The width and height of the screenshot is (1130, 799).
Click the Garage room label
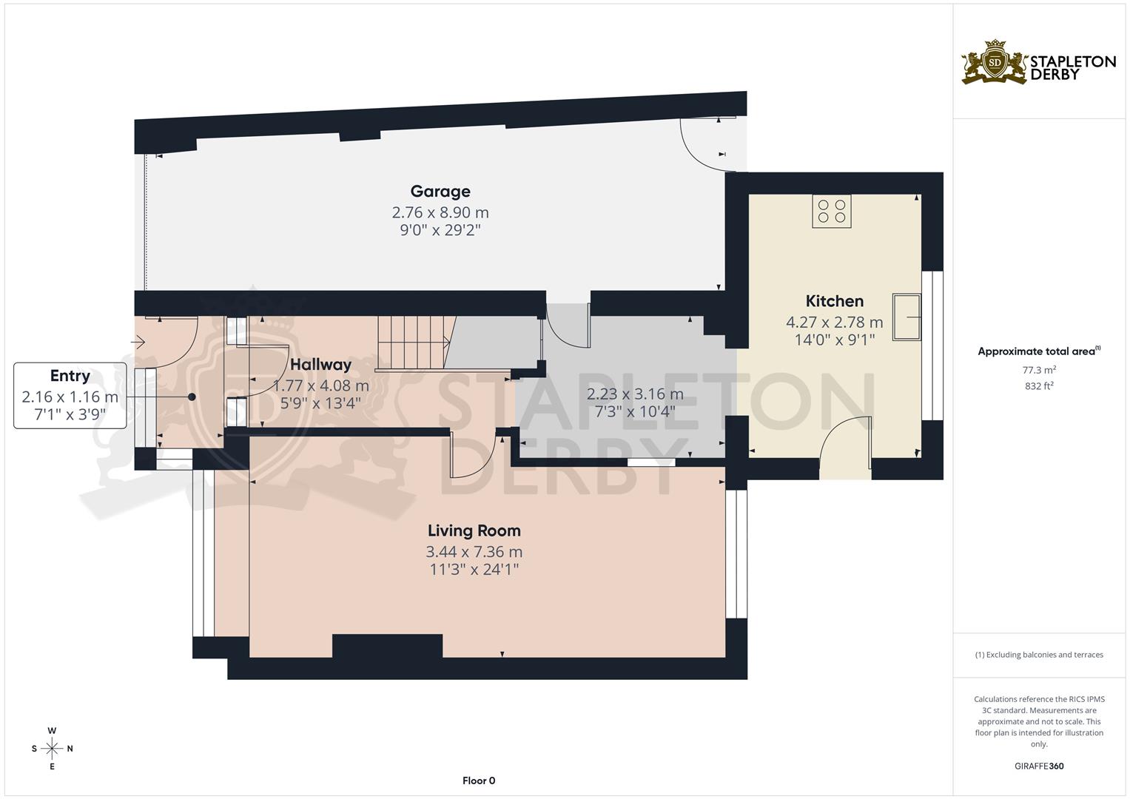pyautogui.click(x=440, y=192)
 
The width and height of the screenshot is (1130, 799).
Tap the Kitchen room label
pyautogui.click(x=834, y=301)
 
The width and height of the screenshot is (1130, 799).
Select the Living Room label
pyautogui.click(x=474, y=530)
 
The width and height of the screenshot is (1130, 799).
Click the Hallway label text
pyautogui.click(x=320, y=365)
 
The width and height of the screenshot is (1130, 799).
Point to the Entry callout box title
pyautogui.click(x=70, y=376)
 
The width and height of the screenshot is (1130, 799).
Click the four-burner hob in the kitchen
pyautogui.click(x=831, y=211)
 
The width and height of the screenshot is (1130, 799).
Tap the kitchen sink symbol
pyautogui.click(x=907, y=317)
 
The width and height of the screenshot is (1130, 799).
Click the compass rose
pyautogui.click(x=52, y=748)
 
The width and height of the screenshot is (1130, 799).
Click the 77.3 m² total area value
pyautogui.click(x=1039, y=369)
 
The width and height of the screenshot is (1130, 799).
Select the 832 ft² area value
pyautogui.click(x=1039, y=385)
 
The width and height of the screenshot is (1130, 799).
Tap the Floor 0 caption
pyautogui.click(x=478, y=781)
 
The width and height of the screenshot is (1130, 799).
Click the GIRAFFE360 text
pyautogui.click(x=1038, y=766)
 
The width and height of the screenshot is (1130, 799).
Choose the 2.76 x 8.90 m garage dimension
pyautogui.click(x=440, y=212)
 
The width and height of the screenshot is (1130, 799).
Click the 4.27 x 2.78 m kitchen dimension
pyautogui.click(x=834, y=323)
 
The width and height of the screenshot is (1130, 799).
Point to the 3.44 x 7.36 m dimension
pyautogui.click(x=474, y=552)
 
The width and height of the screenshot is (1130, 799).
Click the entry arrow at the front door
pyautogui.click(x=138, y=343)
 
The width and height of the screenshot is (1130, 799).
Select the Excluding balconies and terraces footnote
pyautogui.click(x=1038, y=655)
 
